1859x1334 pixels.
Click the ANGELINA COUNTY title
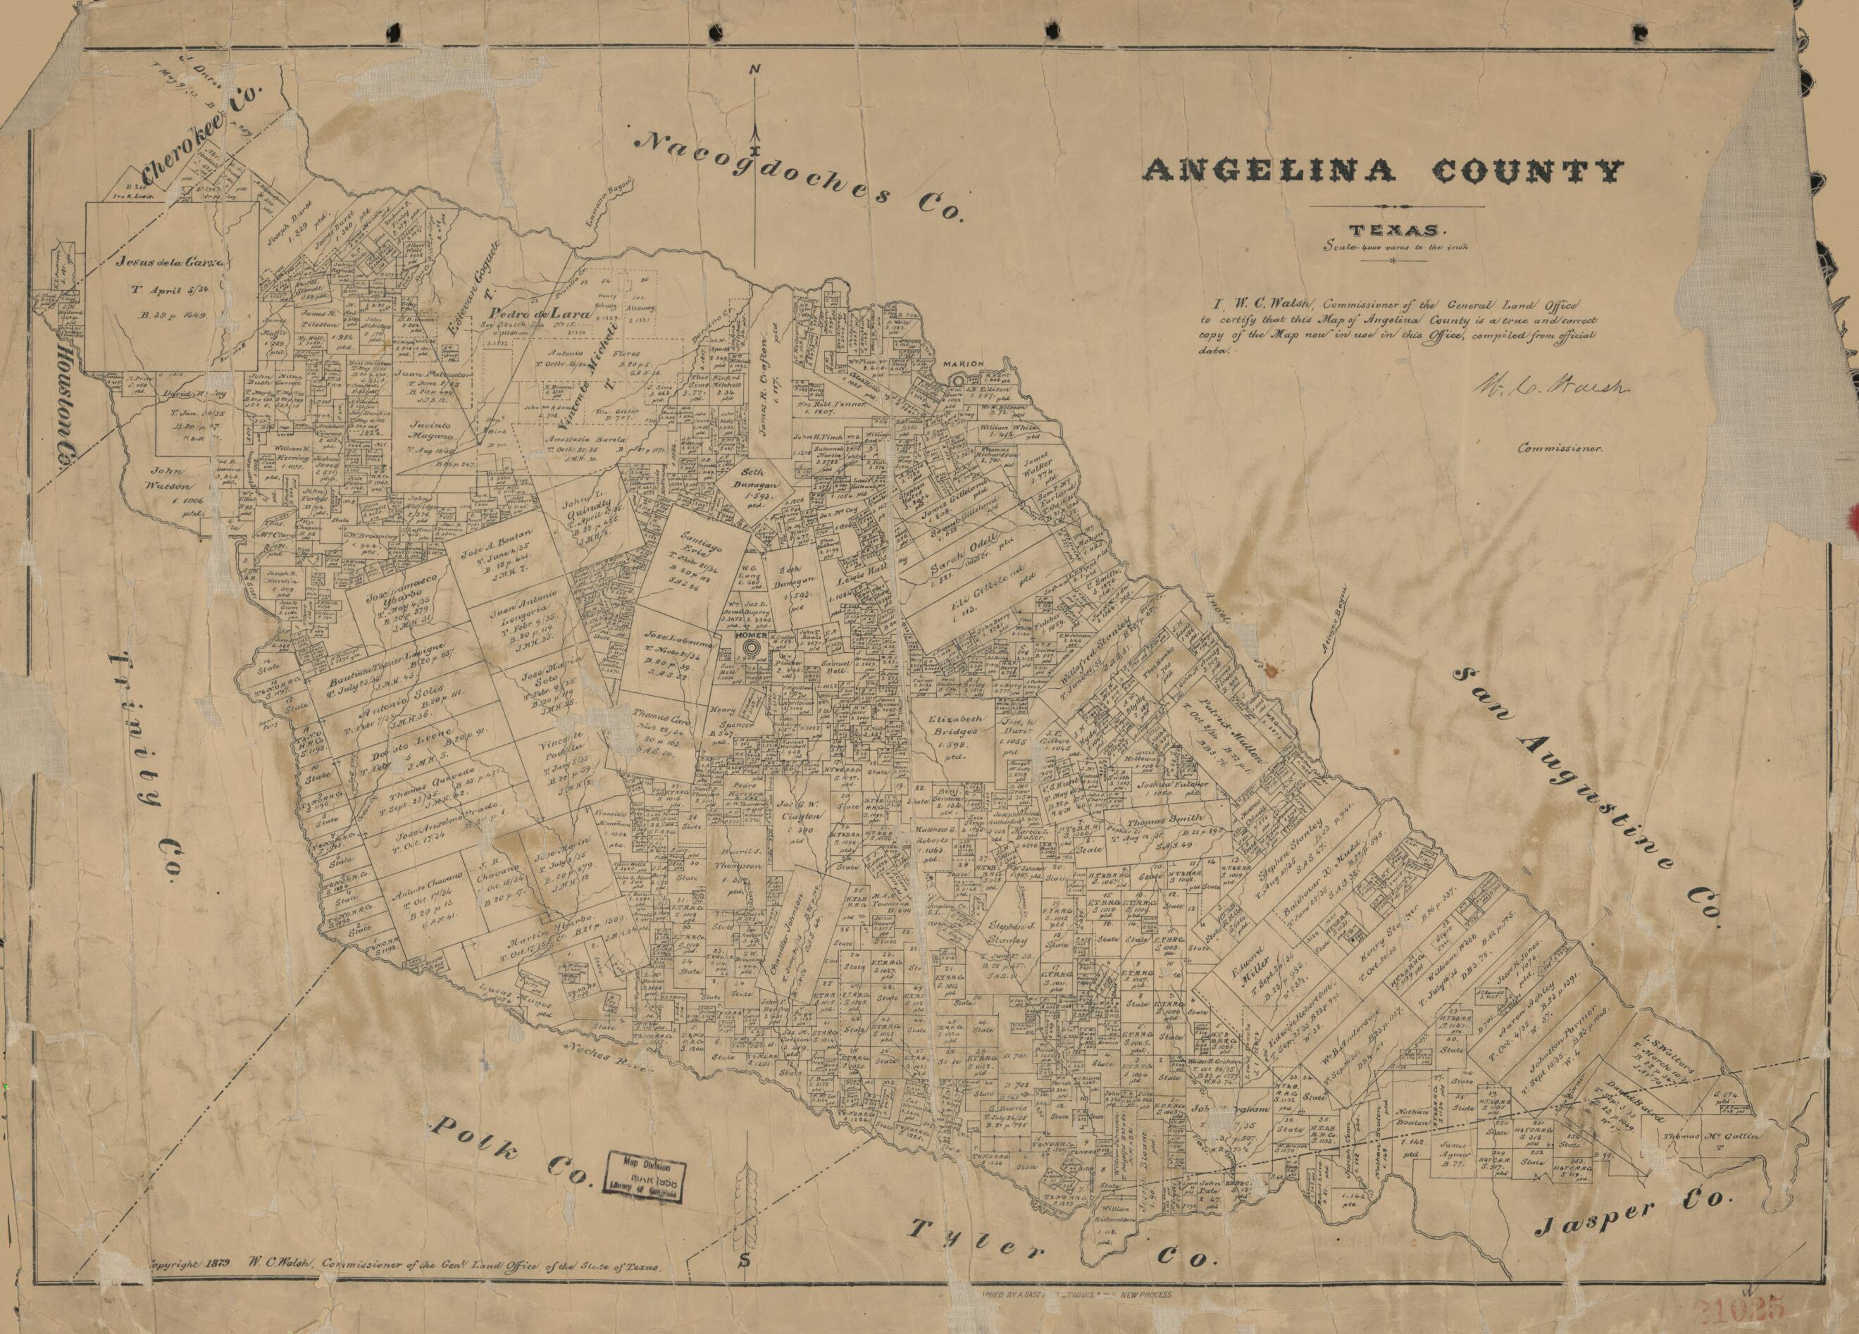pyautogui.click(x=1383, y=171)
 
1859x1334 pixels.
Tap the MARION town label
pyautogui.click(x=962, y=364)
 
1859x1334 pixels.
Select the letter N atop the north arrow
pyautogui.click(x=753, y=70)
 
